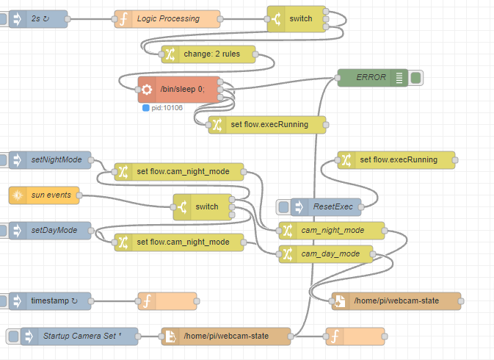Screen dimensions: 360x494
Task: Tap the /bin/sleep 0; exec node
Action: point(179,90)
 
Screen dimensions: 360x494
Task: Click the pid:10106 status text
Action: point(167,108)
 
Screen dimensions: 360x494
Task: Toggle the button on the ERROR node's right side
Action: point(416,77)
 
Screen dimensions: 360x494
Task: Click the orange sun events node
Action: point(44,195)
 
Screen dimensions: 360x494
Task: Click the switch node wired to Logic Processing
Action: point(297,19)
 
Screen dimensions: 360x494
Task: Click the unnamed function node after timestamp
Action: point(167,300)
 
